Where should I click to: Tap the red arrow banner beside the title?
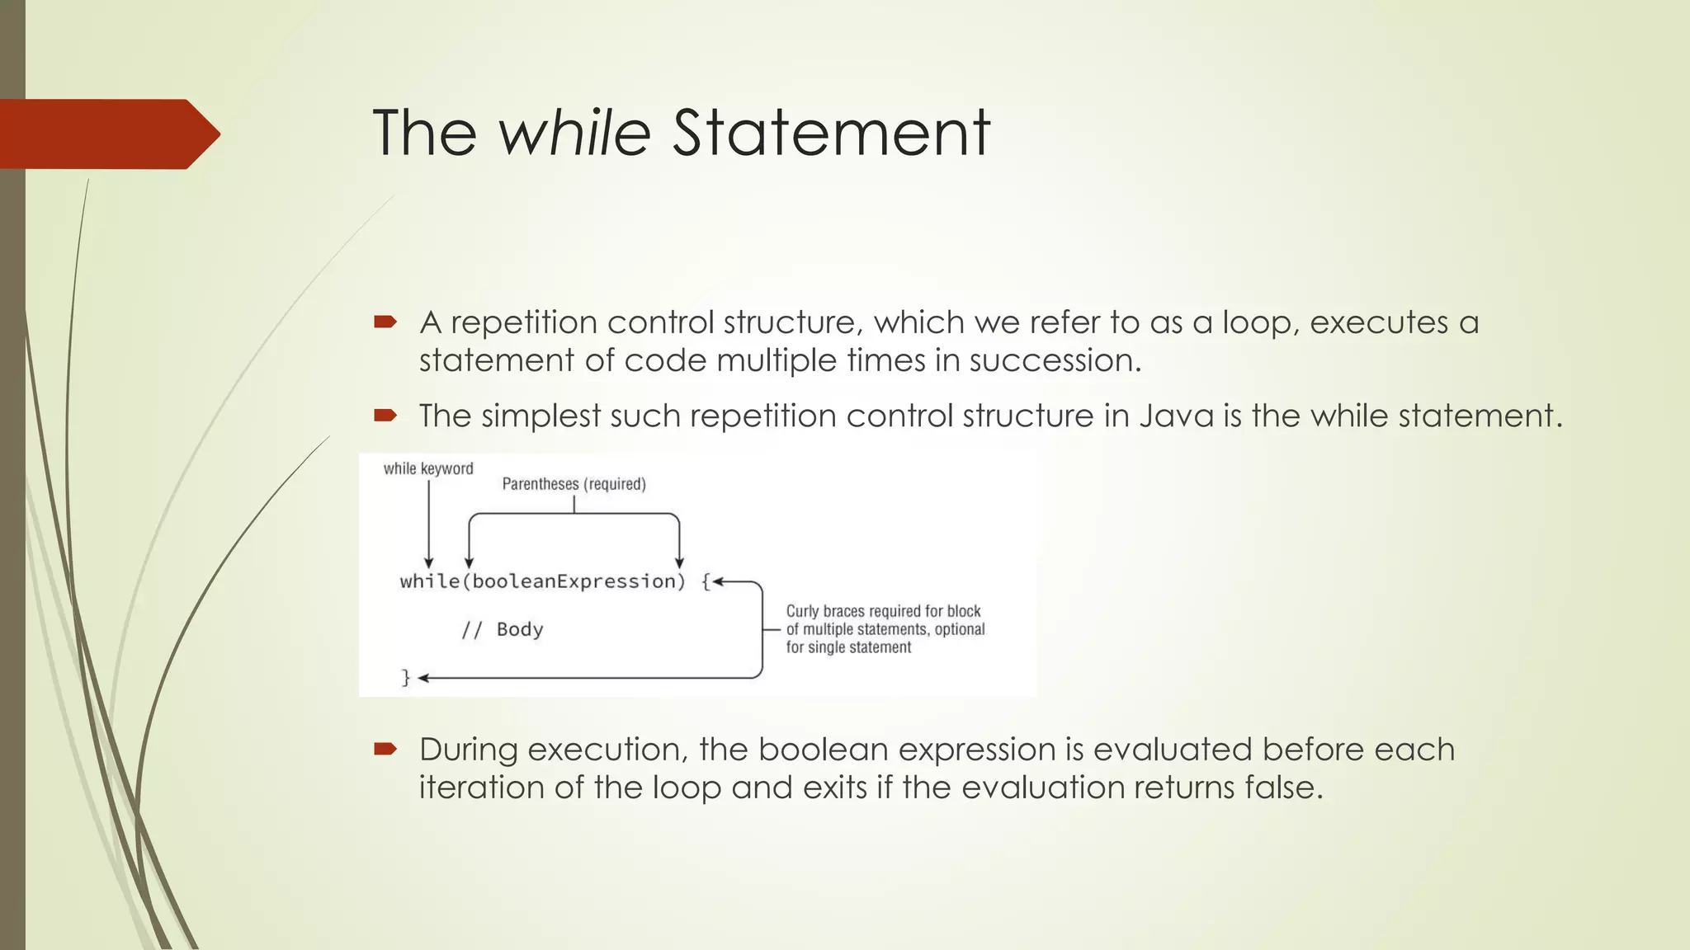click(x=107, y=134)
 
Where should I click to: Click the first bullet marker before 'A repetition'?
click(x=385, y=322)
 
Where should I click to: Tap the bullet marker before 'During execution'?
click(x=385, y=749)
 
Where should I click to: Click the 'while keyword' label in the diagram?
click(x=428, y=468)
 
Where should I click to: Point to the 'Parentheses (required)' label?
click(x=574, y=484)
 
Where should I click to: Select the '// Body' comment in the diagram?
click(x=502, y=630)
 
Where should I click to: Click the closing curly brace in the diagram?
click(x=405, y=678)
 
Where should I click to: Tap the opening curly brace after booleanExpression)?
click(x=706, y=581)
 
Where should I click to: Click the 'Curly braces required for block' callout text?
click(x=883, y=611)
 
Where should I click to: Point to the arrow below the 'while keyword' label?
click(x=428, y=524)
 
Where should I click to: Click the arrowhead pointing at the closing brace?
click(x=424, y=678)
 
